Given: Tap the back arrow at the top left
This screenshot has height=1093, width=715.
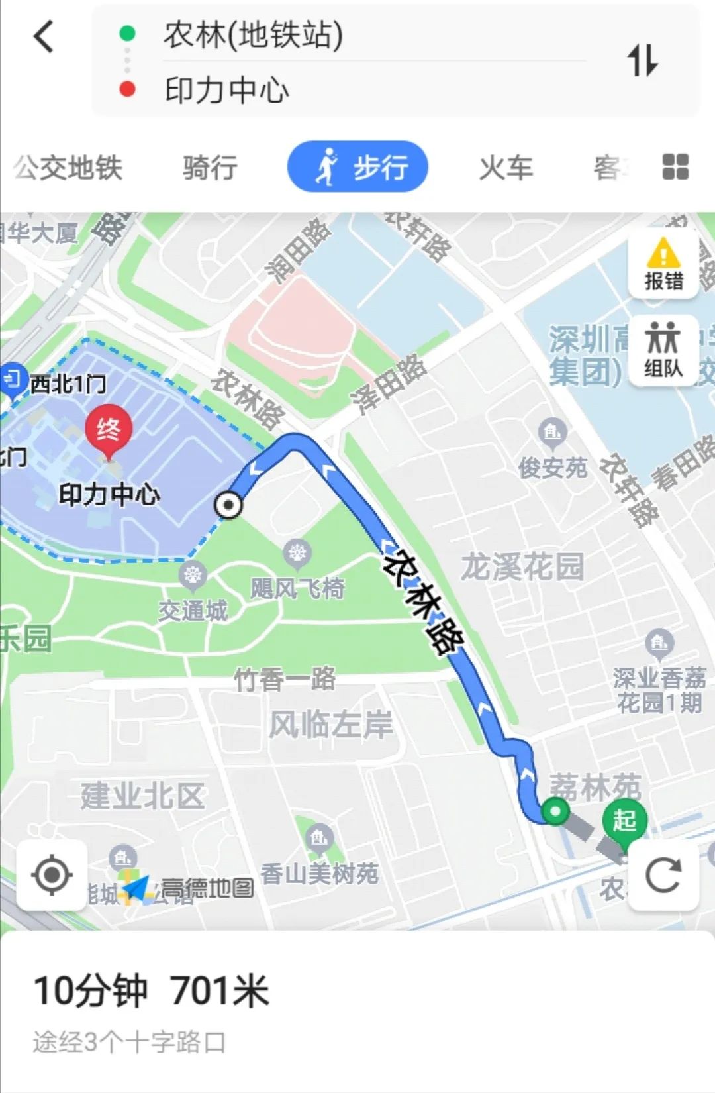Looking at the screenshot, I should (x=44, y=36).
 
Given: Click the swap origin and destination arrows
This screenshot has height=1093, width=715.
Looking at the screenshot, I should (x=642, y=60).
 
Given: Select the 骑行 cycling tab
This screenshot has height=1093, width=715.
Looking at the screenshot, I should (x=210, y=168).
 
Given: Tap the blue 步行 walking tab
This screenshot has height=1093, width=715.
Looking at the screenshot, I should (x=358, y=167).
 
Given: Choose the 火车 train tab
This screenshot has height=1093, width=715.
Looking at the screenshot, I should (x=506, y=168).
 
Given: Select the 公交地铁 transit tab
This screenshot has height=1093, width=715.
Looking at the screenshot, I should (x=68, y=168).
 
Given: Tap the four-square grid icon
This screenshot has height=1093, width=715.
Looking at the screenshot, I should (x=675, y=167).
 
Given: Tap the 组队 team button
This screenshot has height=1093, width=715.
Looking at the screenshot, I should (x=663, y=349).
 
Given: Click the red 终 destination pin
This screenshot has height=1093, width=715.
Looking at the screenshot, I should (x=108, y=430).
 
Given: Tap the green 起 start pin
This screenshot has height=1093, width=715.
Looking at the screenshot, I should (x=624, y=821).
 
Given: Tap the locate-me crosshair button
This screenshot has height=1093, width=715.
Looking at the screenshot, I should (x=52, y=874).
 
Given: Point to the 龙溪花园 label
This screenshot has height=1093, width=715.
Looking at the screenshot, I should (x=522, y=567).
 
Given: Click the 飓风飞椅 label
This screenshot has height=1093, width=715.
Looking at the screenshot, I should (x=297, y=588).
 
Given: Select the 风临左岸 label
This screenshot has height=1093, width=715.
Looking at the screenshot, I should (x=330, y=725).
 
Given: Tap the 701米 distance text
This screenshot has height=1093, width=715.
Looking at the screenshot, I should (x=219, y=991).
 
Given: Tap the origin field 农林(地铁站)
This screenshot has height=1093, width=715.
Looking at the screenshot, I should (x=254, y=35).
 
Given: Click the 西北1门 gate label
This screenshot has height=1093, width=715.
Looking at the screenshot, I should (x=68, y=384).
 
